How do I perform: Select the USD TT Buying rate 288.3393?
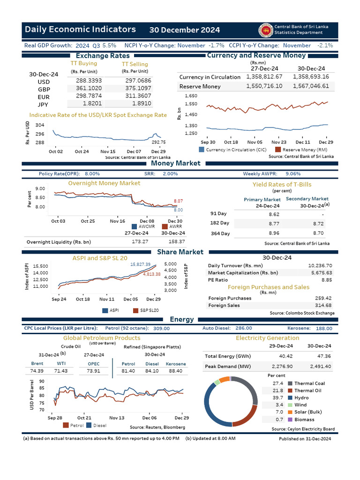(89, 81)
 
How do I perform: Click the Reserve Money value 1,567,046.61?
(310, 86)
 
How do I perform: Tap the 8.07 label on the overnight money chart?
(178, 201)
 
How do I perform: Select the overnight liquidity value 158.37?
(176, 241)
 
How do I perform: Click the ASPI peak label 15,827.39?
(140, 265)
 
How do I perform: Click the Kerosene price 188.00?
(324, 329)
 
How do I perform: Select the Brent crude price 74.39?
(37, 371)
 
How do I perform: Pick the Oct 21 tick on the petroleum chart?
(84, 418)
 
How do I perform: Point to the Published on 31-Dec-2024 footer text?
(305, 439)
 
